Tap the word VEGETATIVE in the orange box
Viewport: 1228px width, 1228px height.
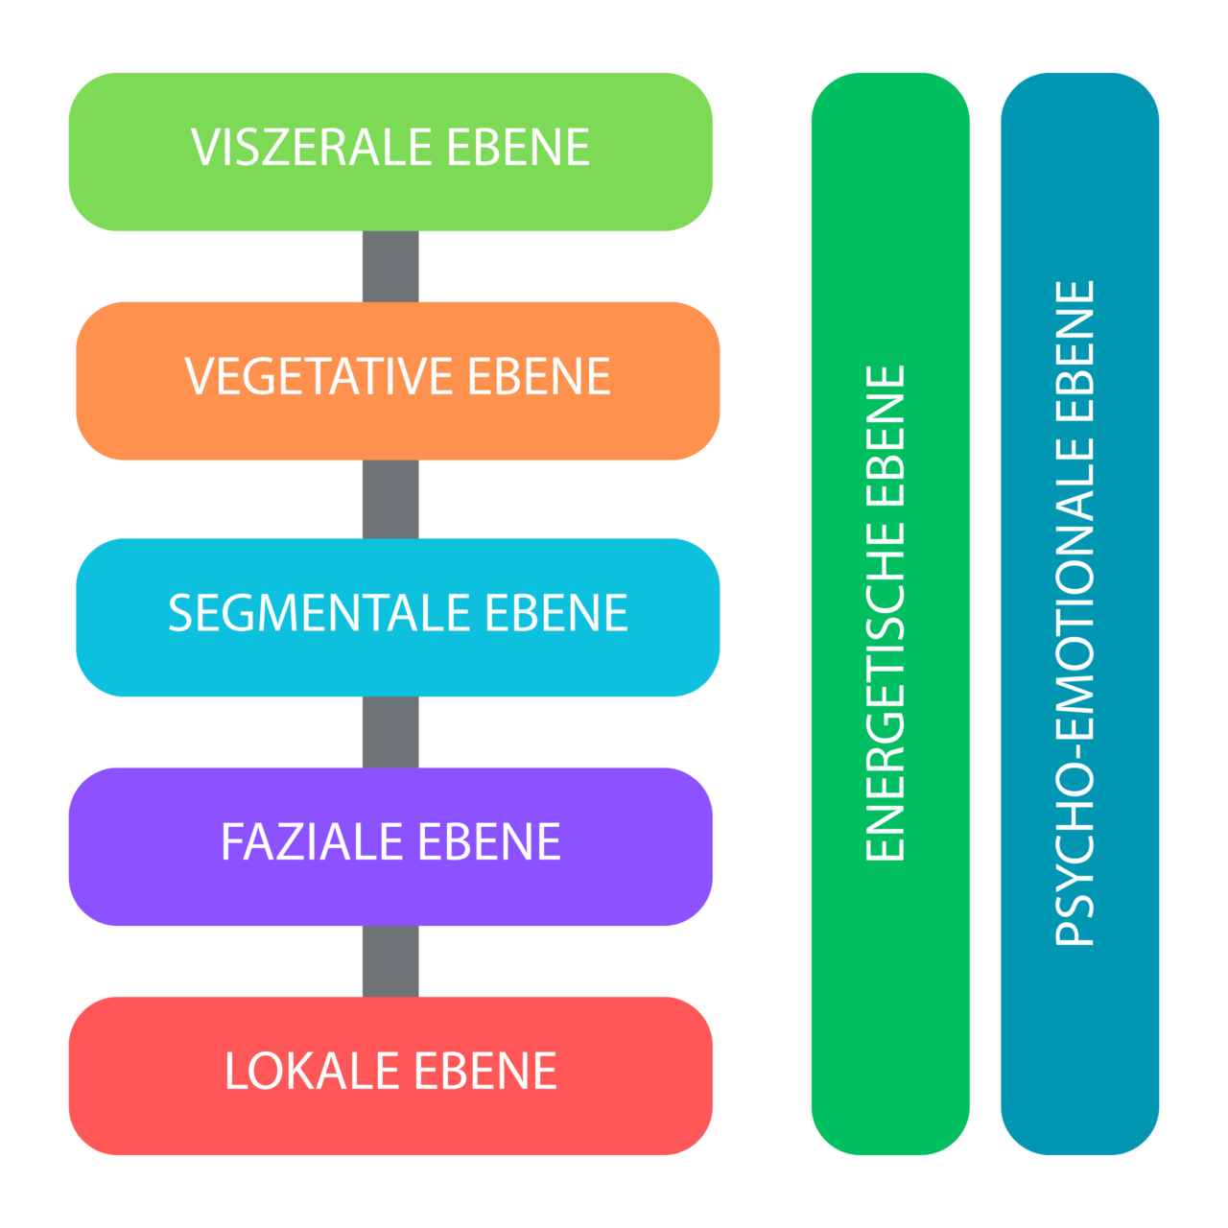click(319, 376)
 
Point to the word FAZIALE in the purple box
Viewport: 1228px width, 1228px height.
click(313, 842)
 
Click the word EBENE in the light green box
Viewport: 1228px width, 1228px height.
click(518, 148)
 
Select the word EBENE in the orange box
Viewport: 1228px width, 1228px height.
click(539, 376)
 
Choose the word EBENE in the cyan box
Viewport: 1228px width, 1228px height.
click(556, 613)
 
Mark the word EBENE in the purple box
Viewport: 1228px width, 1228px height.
click(489, 842)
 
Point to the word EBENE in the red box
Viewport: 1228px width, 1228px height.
click(485, 1072)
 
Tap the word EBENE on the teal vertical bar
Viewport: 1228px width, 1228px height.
click(1075, 351)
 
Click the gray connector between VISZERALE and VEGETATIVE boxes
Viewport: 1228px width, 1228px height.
click(390, 267)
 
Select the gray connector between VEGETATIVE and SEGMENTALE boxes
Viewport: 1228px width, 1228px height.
click(390, 499)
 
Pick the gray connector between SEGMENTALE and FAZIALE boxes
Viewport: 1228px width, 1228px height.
click(390, 732)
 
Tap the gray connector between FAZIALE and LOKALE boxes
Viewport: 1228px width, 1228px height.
click(390, 961)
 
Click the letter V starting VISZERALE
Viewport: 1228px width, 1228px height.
click(203, 148)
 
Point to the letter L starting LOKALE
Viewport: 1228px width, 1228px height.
click(234, 1072)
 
